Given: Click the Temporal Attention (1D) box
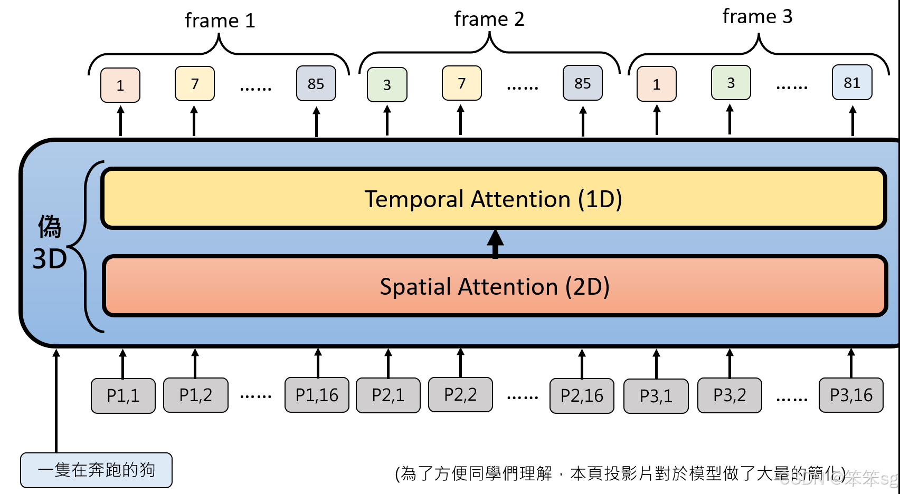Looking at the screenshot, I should tap(494, 199).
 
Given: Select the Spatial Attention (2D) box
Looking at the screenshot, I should tap(495, 286).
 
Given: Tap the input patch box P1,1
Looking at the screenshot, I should tap(123, 395).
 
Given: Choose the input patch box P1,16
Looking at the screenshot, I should tap(317, 395).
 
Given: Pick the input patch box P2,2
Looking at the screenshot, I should tap(460, 394).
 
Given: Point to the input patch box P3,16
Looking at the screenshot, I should tap(851, 395).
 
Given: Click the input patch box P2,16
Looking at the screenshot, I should tap(582, 395).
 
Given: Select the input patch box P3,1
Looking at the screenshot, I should tap(656, 396).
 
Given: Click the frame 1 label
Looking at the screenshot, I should tap(220, 21).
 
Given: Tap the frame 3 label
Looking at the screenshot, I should tap(757, 17).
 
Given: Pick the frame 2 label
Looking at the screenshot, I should tap(489, 19).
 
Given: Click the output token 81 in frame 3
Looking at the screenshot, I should tap(852, 83).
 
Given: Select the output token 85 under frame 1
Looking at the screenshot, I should tap(316, 84).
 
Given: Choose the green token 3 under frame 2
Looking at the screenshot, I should tap(387, 85).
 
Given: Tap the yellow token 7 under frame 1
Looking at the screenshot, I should tap(195, 84).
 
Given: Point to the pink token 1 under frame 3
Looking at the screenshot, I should tap(656, 84).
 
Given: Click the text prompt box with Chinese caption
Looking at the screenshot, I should tap(96, 470).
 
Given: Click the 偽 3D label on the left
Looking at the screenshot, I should tap(50, 243).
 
